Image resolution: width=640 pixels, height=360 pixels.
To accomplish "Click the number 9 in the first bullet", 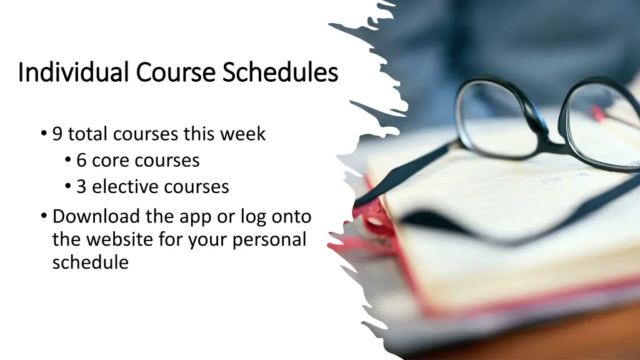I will pyautogui.click(x=57, y=134).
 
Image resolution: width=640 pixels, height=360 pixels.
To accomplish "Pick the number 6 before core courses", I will pyautogui.click(x=81, y=161).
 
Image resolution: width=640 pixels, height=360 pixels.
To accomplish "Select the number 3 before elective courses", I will pyautogui.click(x=81, y=187).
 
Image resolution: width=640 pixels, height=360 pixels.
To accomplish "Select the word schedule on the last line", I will pyautogui.click(x=91, y=262).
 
